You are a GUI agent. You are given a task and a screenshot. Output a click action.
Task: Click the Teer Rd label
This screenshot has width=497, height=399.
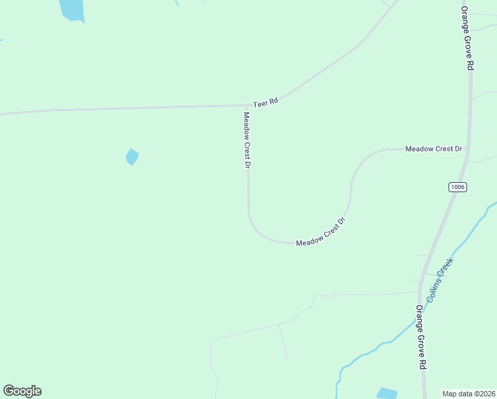click(x=265, y=103)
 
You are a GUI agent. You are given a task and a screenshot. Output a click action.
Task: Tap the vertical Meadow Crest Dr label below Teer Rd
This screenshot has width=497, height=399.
click(x=246, y=140)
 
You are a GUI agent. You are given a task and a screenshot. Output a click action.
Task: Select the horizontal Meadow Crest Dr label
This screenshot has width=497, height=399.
click(x=433, y=149)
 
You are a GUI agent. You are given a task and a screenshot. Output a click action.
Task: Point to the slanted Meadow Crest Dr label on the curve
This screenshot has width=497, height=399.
click(x=322, y=233)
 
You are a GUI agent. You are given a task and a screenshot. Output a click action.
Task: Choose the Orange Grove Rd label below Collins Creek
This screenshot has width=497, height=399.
click(x=420, y=337)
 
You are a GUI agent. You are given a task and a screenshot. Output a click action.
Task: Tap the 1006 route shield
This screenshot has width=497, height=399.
click(x=457, y=187)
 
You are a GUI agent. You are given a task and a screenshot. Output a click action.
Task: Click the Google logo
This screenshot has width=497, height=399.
click(x=22, y=391)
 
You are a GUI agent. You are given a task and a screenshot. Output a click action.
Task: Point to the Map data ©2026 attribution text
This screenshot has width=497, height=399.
click(x=469, y=393)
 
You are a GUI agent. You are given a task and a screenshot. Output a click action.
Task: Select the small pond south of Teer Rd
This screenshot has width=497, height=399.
click(x=132, y=157)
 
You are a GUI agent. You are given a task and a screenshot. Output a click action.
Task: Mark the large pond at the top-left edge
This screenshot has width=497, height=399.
click(x=71, y=9)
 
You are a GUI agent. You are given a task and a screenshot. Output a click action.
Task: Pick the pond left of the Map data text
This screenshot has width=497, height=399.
click(x=386, y=393)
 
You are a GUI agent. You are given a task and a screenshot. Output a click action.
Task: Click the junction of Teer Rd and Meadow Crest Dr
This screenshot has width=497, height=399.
click(x=247, y=105)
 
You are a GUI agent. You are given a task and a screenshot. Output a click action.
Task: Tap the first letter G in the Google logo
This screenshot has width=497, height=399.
click(x=9, y=391)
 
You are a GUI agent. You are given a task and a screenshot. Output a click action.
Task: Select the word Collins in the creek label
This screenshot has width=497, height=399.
click(x=433, y=289)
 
